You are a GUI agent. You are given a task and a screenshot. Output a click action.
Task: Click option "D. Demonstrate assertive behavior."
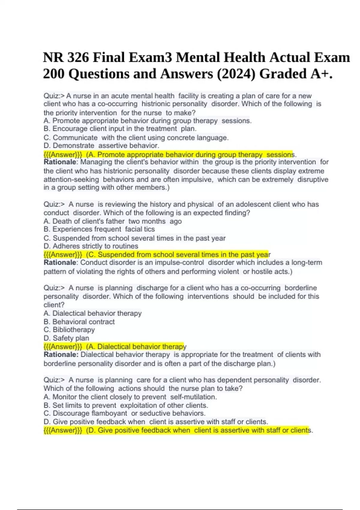pyautogui.click(x=101, y=146)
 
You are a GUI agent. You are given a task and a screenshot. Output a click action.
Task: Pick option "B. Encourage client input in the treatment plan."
pyautogui.click(x=120, y=129)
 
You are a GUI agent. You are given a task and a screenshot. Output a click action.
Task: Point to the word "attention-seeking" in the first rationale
pyautogui.click(x=71, y=180)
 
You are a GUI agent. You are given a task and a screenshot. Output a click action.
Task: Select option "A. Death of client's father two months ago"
pyautogui.click(x=112, y=221)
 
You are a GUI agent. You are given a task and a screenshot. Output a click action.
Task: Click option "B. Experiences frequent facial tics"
pyautogui.click(x=99, y=229)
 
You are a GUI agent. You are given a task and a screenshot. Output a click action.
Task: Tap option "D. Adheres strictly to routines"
pyautogui.click(x=91, y=246)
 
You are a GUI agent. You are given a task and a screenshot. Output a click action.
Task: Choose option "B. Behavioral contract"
pyautogui.click(x=79, y=322)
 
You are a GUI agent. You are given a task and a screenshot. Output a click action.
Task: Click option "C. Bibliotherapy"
pyautogui.click(x=69, y=330)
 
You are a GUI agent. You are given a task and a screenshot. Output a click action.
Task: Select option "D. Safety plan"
pyautogui.click(x=66, y=338)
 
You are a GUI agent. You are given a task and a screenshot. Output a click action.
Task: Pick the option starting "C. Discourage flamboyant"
pyautogui.click(x=124, y=413)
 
